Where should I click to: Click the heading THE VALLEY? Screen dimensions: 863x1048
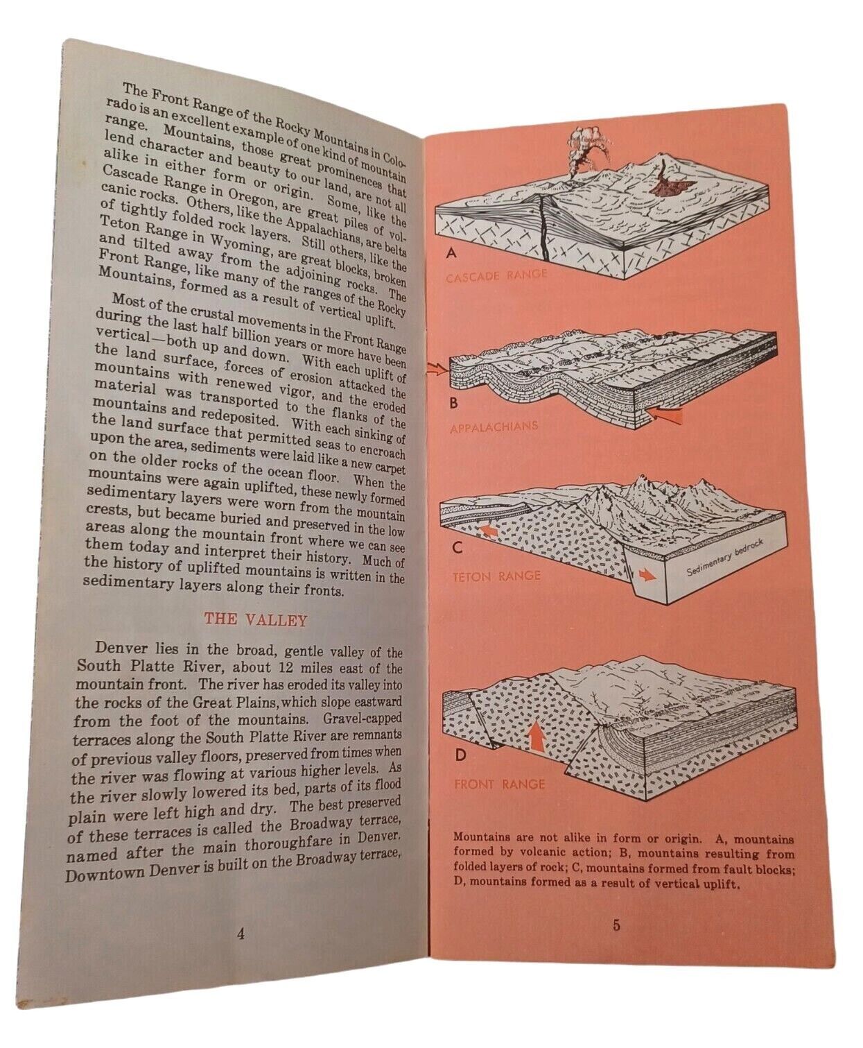[255, 619]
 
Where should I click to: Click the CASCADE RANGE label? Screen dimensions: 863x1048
[496, 275]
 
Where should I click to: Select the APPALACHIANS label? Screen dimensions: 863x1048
[494, 427]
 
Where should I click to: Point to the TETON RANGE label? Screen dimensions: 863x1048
[496, 576]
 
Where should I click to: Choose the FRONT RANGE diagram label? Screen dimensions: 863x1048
[500, 784]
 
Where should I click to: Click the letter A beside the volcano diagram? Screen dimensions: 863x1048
[451, 253]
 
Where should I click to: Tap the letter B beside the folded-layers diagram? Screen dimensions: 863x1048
[453, 403]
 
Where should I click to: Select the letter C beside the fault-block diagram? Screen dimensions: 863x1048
[457, 548]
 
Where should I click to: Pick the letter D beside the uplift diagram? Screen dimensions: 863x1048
[460, 755]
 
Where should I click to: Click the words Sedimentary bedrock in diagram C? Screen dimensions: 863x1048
[724, 558]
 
